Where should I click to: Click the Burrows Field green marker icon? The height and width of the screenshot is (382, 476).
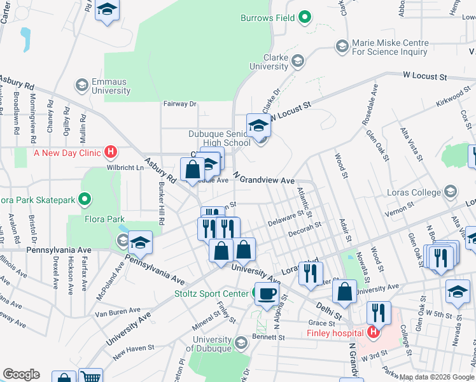pos(304,18)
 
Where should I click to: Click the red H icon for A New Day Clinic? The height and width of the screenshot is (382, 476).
pos(111,152)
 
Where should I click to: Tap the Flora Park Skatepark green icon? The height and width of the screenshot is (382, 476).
pos(83,200)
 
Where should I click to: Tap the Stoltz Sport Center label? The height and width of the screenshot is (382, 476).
pos(212,294)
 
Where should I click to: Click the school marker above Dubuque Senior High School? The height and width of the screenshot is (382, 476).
pos(259,125)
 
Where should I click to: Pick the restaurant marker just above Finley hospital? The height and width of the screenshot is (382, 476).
pos(379,313)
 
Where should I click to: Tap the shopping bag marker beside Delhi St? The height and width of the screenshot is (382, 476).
pos(344,292)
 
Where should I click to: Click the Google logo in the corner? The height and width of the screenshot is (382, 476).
pos(21,374)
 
